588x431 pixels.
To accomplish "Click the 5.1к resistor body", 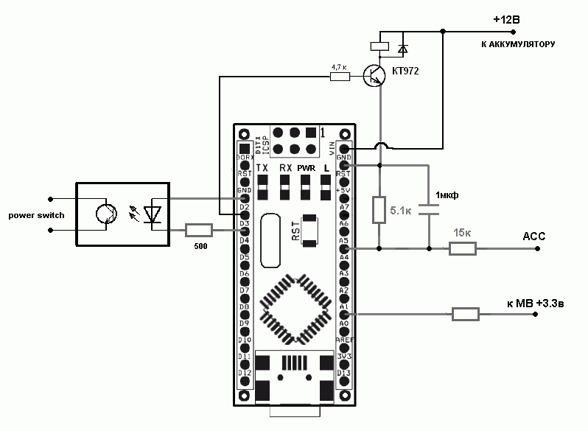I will [x=379, y=210].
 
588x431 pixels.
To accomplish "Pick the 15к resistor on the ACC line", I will [x=463, y=249].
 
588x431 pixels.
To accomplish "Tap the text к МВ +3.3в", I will [x=537, y=303].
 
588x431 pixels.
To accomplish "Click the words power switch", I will [x=36, y=215].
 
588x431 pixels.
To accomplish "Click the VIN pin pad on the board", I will [x=343, y=148].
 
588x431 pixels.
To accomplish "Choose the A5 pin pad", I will [x=343, y=249].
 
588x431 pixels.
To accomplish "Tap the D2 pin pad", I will [x=244, y=215].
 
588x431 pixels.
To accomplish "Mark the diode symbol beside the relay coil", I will [x=402, y=49].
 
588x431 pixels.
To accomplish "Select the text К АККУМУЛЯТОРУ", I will [x=517, y=45].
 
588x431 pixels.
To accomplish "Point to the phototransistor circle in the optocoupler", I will [x=106, y=215].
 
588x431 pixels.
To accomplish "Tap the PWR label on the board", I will [x=306, y=168].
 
